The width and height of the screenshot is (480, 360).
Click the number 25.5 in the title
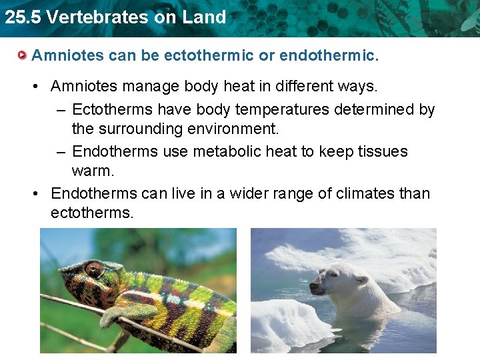coord(21,17)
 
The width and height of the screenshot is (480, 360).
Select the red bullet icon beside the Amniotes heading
coord(23,55)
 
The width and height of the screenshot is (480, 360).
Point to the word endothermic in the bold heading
coord(329,55)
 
